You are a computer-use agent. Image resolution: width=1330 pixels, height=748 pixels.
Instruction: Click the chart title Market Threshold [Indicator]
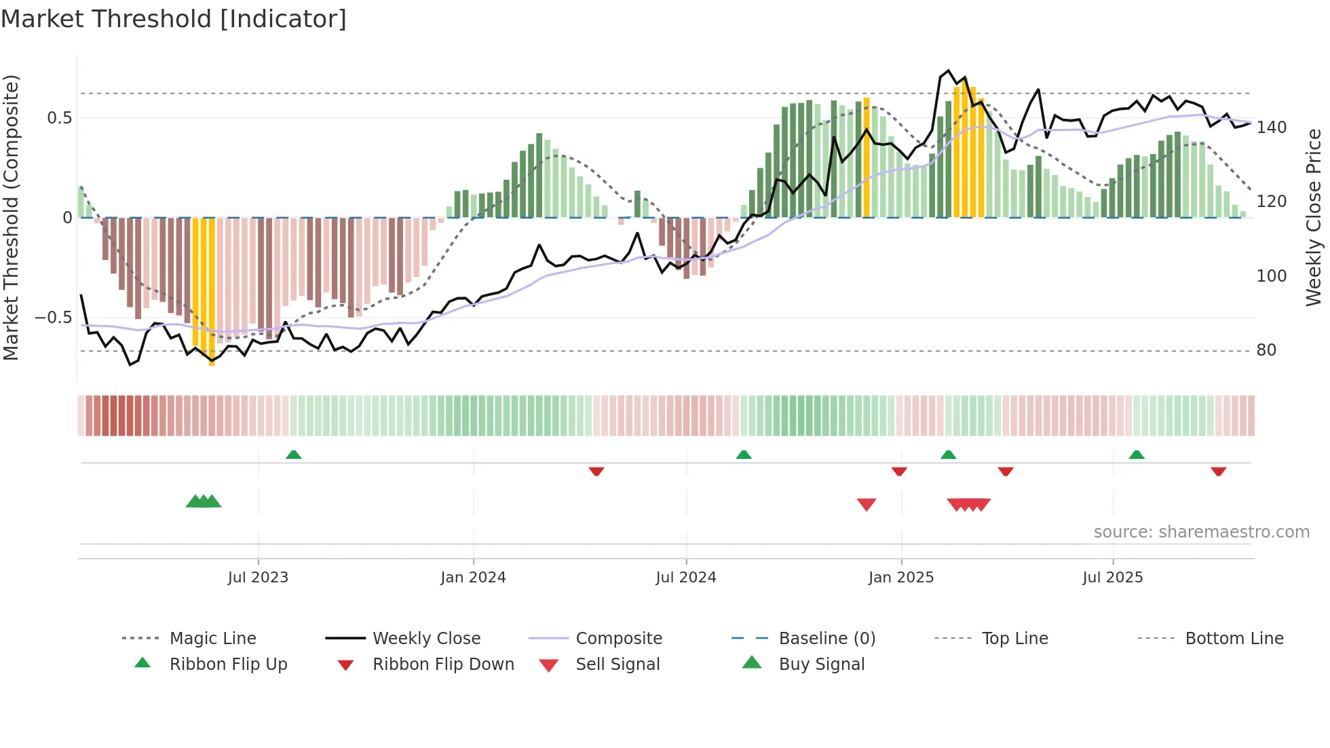click(174, 19)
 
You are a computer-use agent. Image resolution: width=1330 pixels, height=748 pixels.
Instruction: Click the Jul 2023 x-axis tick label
click(258, 578)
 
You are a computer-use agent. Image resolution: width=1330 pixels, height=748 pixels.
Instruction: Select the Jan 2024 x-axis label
click(473, 578)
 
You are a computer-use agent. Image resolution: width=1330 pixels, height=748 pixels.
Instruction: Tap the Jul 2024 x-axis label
click(686, 578)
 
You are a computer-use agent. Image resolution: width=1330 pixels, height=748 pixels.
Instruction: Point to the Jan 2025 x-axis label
click(901, 578)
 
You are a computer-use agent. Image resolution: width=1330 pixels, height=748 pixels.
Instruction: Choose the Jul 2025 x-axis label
click(1113, 578)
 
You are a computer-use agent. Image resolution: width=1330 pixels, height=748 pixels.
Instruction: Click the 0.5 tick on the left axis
click(59, 118)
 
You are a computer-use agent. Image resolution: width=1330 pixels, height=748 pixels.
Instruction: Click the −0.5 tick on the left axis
click(53, 318)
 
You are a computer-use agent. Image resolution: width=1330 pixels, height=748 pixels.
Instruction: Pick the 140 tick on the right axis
click(1271, 128)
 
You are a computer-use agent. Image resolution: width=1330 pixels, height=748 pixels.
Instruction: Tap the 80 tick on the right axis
click(1266, 350)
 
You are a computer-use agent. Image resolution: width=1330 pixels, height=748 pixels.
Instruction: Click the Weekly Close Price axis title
click(1314, 217)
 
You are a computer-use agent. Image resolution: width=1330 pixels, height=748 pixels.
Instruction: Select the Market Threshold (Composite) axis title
click(11, 217)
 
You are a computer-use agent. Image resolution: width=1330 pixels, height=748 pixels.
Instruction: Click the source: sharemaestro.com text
click(1201, 532)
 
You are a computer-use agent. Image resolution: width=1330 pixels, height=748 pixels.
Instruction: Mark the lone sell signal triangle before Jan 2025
click(867, 504)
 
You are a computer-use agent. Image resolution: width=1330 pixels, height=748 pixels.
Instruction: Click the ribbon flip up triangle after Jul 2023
click(293, 454)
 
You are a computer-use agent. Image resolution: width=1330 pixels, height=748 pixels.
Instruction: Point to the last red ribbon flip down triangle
click(1218, 471)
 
